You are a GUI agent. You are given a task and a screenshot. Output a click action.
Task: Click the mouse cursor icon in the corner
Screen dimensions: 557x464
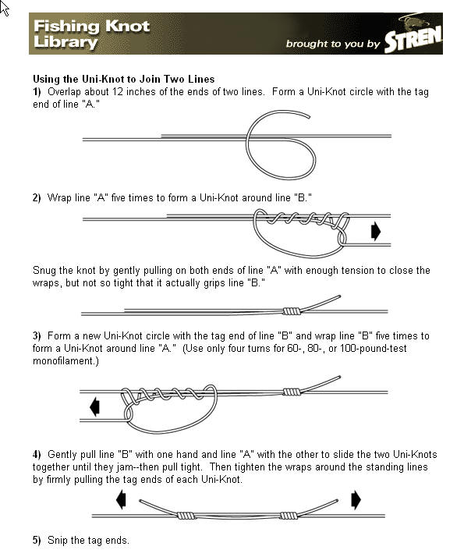click(x=5, y=9)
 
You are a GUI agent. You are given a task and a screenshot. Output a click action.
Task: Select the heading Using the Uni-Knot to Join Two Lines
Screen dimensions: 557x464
click(x=123, y=79)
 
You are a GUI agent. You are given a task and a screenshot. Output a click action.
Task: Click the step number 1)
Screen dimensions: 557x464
click(x=37, y=91)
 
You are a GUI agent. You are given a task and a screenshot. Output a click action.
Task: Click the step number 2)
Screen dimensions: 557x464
click(x=37, y=198)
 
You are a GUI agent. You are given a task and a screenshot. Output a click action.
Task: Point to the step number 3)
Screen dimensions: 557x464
click(x=37, y=336)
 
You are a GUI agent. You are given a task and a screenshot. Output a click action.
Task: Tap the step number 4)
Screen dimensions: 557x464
click(x=37, y=454)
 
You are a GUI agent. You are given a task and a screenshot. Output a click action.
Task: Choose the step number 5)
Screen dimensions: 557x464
click(x=37, y=541)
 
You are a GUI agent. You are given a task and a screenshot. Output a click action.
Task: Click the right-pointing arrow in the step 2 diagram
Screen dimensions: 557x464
click(x=375, y=232)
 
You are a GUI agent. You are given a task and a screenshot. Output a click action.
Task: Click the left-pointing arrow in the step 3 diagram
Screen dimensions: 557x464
click(x=95, y=406)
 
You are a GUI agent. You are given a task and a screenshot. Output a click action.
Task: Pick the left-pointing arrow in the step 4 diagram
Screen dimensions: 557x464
click(x=121, y=499)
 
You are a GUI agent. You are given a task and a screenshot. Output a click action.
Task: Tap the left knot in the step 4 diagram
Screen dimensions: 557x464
click(x=185, y=516)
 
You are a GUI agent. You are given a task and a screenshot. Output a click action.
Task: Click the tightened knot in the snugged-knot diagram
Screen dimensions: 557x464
click(x=291, y=310)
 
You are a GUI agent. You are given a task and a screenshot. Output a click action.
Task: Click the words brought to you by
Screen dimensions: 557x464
click(x=333, y=44)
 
